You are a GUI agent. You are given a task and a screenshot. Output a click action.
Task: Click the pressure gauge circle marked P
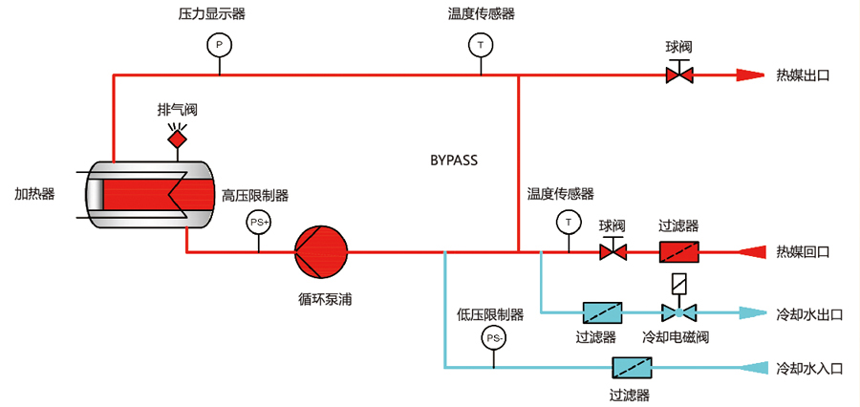(219, 45)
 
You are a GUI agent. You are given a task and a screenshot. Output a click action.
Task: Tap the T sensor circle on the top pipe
(480, 45)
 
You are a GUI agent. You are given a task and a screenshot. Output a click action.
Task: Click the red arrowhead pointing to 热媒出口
(749, 75)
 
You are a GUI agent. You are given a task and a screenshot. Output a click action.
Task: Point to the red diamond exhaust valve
(177, 139)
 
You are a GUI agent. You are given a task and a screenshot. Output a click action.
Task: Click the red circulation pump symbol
(322, 252)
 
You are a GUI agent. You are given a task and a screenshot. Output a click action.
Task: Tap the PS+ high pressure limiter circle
(259, 222)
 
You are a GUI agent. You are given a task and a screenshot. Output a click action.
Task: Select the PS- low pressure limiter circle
(494, 338)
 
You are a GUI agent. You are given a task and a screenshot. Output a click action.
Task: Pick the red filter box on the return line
(678, 252)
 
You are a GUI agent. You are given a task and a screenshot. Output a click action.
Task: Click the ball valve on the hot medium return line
(612, 252)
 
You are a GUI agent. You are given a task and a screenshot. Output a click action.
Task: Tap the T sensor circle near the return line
(570, 222)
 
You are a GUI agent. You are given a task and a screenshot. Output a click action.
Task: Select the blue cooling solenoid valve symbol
(678, 311)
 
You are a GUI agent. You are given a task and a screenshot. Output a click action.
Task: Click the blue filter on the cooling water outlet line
(603, 311)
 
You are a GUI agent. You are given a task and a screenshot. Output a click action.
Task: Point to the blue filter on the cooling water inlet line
(632, 368)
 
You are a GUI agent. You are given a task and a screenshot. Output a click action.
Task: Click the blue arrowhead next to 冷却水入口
(750, 368)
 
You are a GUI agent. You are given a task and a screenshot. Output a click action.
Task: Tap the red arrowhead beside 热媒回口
(752, 252)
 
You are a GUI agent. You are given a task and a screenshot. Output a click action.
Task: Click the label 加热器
(34, 193)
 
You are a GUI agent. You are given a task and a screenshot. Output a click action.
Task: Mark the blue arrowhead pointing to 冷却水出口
(750, 311)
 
